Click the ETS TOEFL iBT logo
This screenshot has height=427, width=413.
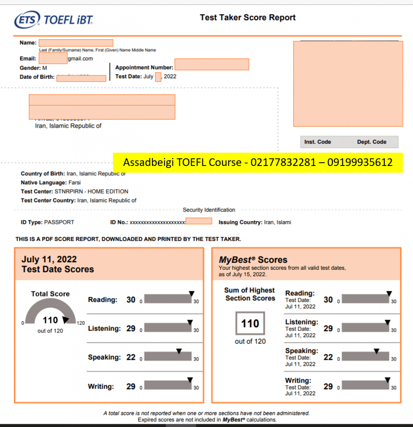(x=53, y=19)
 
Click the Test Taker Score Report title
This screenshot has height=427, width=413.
(x=247, y=18)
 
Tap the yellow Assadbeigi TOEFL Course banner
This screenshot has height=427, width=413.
(x=258, y=162)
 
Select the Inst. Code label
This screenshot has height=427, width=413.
(x=317, y=142)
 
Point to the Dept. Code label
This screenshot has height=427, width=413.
(x=372, y=142)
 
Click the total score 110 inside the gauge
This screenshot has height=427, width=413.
(x=50, y=320)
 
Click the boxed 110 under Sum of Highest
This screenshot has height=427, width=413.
(x=250, y=324)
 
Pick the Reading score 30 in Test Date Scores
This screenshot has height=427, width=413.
(x=131, y=300)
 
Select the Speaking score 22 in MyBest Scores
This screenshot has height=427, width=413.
(x=328, y=357)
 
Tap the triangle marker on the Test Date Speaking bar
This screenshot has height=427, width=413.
(x=179, y=352)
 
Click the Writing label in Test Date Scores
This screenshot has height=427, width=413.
(x=101, y=387)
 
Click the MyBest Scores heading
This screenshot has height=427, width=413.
(x=253, y=260)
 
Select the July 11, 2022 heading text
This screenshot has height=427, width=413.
(x=49, y=259)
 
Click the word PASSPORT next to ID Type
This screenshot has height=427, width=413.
(x=59, y=222)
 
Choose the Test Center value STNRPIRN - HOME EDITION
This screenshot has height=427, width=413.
(x=91, y=191)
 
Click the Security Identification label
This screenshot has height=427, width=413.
(x=209, y=210)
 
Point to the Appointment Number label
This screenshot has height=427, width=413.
(x=144, y=68)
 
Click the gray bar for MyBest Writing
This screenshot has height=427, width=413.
(x=365, y=386)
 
